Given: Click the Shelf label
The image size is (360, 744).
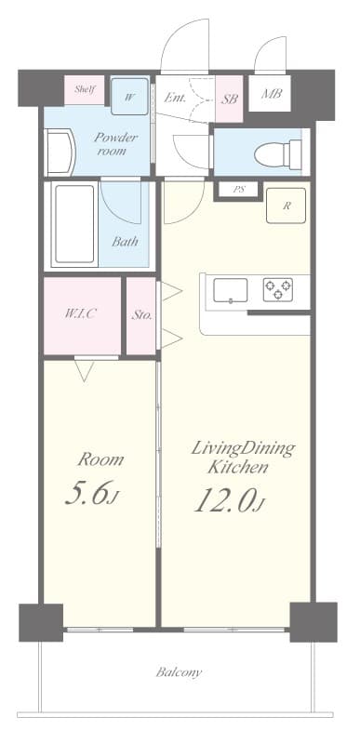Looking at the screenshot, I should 86,90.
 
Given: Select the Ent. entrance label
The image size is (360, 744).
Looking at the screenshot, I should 176,97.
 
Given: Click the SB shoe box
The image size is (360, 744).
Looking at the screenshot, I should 230,97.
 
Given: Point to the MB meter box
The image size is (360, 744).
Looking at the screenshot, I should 271,95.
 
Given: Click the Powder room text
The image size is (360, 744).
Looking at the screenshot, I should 116,144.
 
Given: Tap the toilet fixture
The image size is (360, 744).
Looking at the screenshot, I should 280,152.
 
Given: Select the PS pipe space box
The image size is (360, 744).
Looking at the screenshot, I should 239,190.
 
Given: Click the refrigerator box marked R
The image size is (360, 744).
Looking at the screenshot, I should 286,206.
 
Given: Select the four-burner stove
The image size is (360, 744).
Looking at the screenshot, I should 275,290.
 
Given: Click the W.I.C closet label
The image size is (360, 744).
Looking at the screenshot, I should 81,313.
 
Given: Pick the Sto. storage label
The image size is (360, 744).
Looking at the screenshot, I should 141,314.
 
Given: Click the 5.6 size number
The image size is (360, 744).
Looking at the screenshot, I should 90,494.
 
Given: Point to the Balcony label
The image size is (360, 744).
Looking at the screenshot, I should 179,671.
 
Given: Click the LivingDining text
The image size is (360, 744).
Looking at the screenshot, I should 242,449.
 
